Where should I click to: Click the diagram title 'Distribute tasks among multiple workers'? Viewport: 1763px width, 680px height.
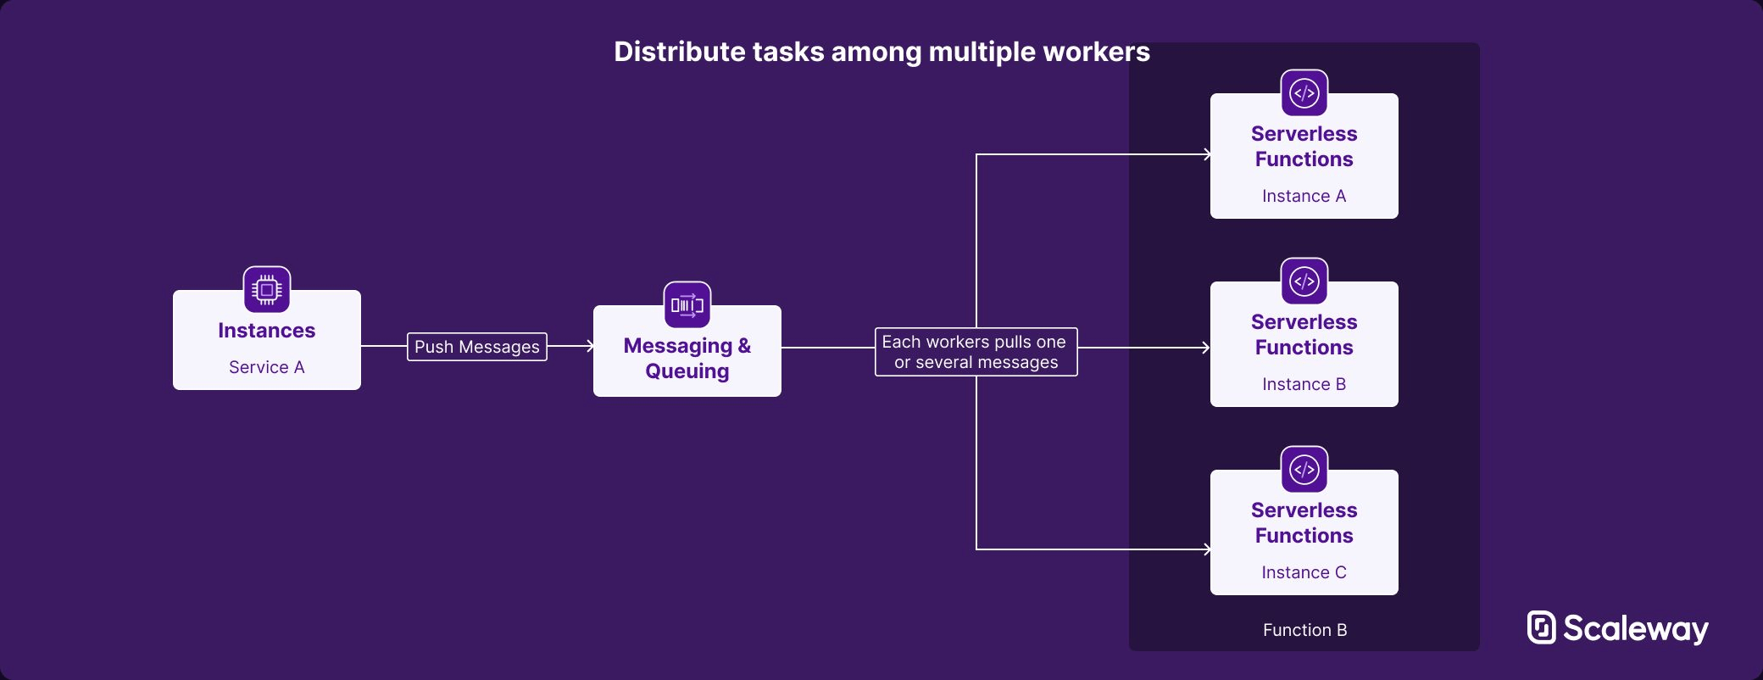[881, 52]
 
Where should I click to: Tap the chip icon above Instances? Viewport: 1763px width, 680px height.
[267, 290]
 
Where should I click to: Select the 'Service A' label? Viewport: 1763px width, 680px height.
[267, 367]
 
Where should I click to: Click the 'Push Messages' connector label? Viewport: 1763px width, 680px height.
[477, 347]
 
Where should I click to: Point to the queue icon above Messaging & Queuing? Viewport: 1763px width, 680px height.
[687, 305]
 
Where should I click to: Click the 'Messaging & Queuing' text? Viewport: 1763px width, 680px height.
[687, 359]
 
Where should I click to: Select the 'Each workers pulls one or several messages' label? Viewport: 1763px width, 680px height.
[976, 352]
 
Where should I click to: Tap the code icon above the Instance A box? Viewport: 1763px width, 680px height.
[1304, 93]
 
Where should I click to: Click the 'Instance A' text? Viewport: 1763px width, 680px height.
[1304, 196]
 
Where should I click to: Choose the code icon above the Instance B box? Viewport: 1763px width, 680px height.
[1304, 281]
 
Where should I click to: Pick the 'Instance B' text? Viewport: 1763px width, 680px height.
[1304, 384]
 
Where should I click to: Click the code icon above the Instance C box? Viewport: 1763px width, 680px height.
[1304, 470]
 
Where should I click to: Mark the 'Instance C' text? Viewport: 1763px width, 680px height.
[1304, 572]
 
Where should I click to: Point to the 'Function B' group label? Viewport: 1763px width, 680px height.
[1305, 630]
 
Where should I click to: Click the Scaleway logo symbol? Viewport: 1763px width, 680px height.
[1542, 627]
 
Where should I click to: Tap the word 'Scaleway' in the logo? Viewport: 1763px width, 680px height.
[1636, 629]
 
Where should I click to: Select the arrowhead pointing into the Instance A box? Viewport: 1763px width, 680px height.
[1207, 154]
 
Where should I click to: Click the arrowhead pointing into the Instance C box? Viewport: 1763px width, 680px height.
[1207, 549]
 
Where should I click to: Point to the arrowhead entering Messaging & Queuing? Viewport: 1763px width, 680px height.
[590, 346]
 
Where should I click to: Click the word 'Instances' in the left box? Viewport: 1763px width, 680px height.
[267, 331]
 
